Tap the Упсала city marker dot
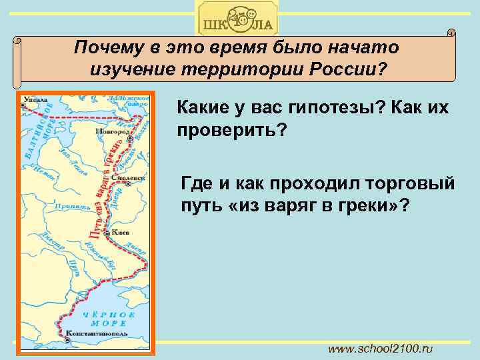[23, 108]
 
